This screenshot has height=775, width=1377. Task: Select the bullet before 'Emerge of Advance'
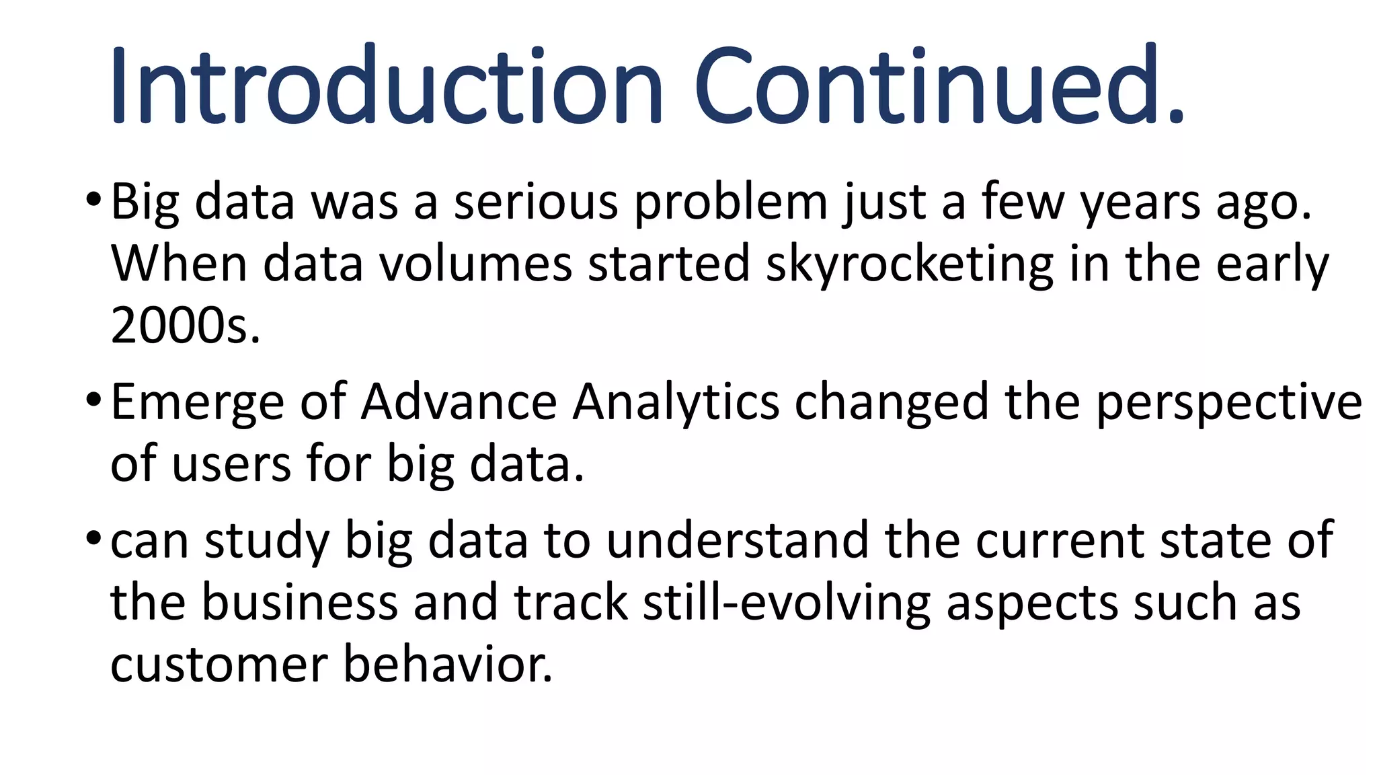(93, 400)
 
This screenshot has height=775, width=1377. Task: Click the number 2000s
(185, 326)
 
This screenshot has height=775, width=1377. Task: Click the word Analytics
(675, 402)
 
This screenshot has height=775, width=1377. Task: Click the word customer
(219, 665)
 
